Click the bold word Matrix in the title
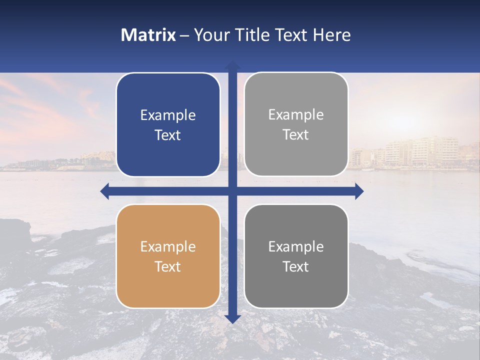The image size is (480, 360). pyautogui.click(x=148, y=35)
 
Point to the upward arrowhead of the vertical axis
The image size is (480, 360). pyautogui.click(x=232, y=65)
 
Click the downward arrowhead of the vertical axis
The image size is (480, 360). pyautogui.click(x=232, y=318)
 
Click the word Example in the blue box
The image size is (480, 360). pyautogui.click(x=168, y=115)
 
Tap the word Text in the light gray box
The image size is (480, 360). pyautogui.click(x=296, y=135)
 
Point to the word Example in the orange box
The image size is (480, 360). pyautogui.click(x=168, y=247)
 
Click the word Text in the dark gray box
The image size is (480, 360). pyautogui.click(x=296, y=267)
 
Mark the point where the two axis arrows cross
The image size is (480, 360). pyautogui.click(x=232, y=191)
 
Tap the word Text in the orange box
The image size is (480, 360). pyautogui.click(x=168, y=267)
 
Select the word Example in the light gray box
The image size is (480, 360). pyautogui.click(x=296, y=115)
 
